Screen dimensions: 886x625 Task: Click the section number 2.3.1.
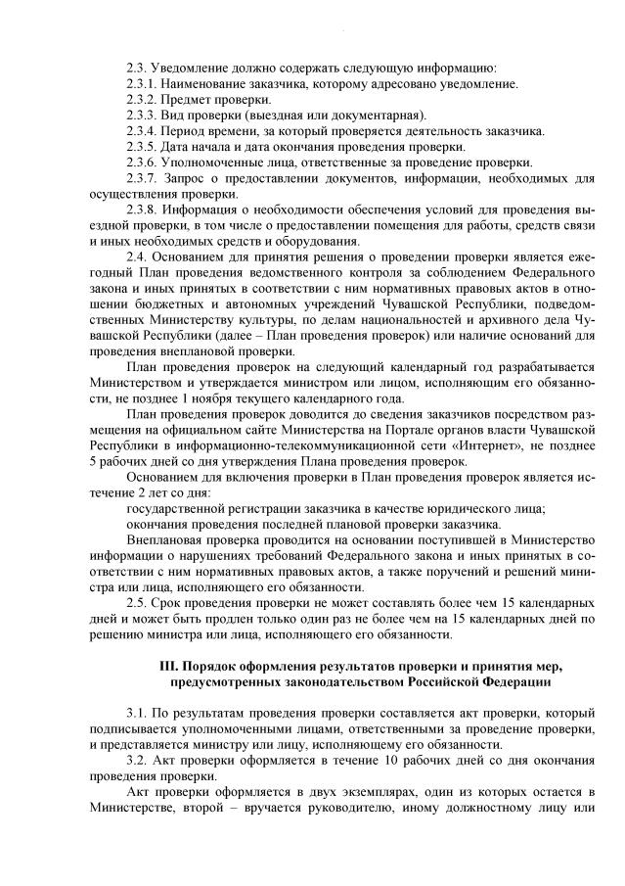(x=141, y=84)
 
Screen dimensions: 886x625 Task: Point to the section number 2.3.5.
(x=141, y=147)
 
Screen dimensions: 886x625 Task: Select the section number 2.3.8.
(x=141, y=210)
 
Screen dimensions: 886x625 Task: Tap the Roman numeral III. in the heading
(x=168, y=666)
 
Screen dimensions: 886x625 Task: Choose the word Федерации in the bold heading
(x=513, y=680)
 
